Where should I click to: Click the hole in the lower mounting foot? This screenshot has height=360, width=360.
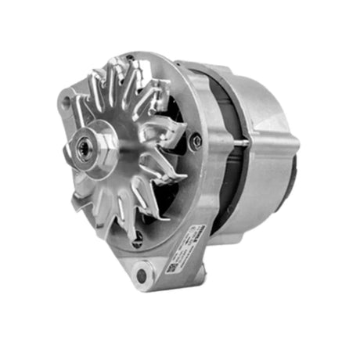point(141,275)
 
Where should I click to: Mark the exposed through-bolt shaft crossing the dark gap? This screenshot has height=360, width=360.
point(235,143)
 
